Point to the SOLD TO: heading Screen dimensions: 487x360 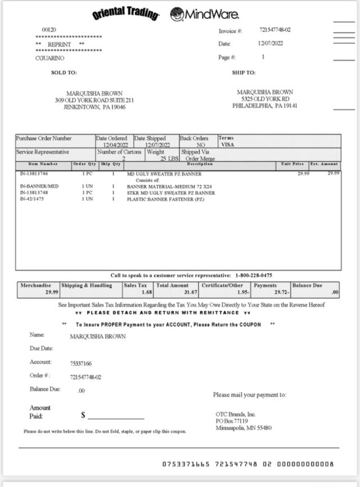[64, 73]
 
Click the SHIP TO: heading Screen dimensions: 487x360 [244, 73]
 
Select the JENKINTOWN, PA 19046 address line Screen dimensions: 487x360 [94, 107]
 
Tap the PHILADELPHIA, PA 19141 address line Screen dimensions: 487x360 [265, 106]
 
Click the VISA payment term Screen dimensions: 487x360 [227, 145]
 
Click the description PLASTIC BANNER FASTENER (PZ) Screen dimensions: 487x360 [165, 199]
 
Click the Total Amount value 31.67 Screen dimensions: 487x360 [191, 293]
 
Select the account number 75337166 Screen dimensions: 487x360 [81, 364]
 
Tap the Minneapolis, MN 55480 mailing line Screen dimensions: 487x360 [244, 428]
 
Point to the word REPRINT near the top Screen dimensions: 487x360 [59, 44]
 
